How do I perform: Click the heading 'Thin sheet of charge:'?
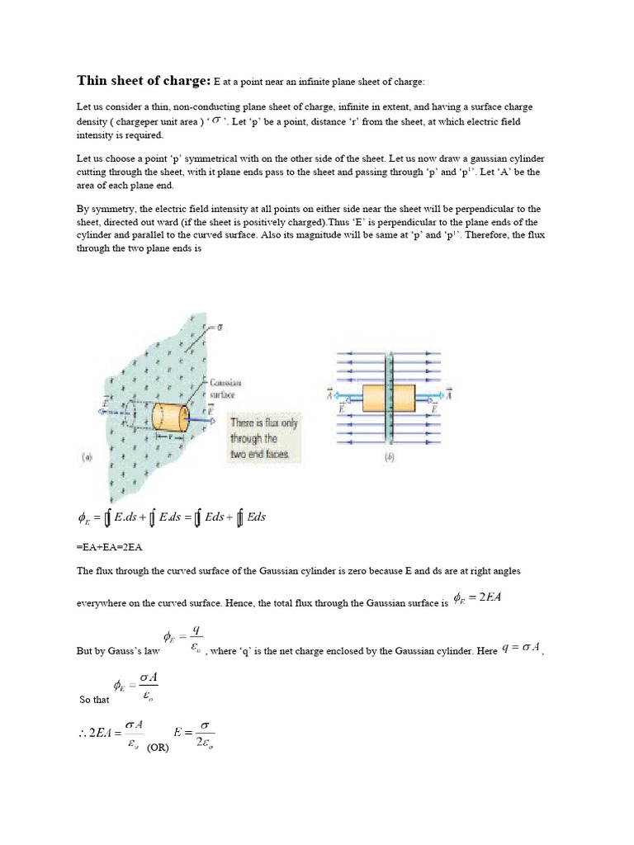click(x=144, y=80)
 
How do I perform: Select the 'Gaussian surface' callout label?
click(x=222, y=389)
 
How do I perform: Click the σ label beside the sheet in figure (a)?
click(x=219, y=328)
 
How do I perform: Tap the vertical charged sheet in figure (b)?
click(x=389, y=355)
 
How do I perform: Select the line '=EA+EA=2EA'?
click(x=109, y=546)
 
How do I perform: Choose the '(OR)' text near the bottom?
click(x=158, y=749)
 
